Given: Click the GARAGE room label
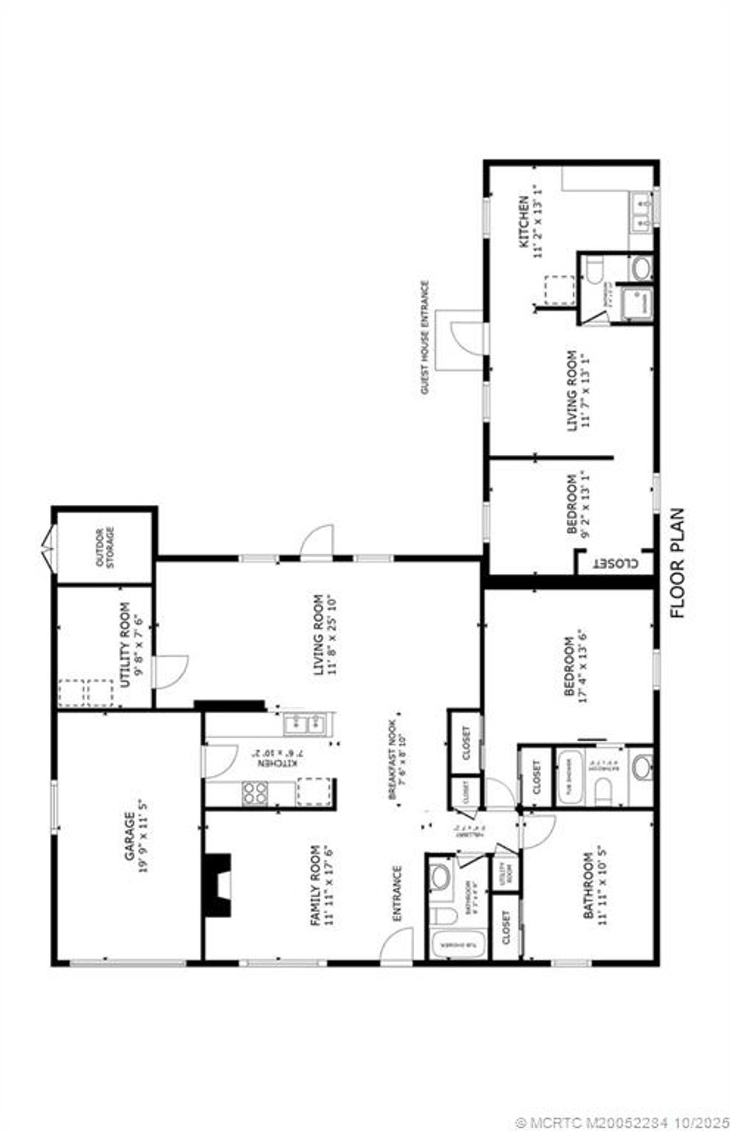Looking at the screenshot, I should coord(135,836).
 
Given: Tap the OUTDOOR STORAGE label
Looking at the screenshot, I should coord(105,547).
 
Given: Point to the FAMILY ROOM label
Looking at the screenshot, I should coord(322,885).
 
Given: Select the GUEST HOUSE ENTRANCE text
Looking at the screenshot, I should coord(426,338).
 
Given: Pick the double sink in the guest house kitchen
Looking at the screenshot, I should coord(641,213).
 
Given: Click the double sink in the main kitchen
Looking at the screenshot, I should coord(304,725).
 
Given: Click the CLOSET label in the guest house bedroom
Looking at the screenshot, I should coord(615,562).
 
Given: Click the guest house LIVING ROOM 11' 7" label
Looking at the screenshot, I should coord(577,391).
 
